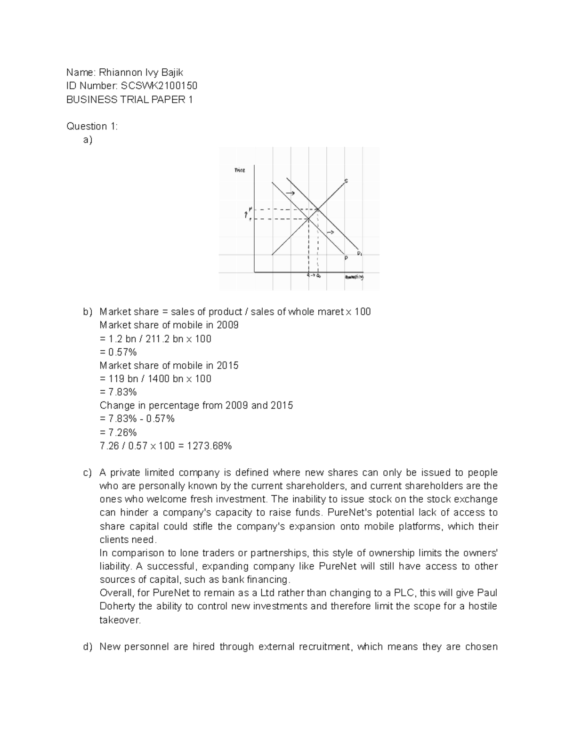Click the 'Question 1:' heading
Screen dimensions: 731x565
92,126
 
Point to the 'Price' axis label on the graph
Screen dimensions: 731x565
240,170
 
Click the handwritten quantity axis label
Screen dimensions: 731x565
355,277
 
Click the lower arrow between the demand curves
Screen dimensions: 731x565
331,233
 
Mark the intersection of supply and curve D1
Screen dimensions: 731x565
318,209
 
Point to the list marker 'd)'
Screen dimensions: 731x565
88,647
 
